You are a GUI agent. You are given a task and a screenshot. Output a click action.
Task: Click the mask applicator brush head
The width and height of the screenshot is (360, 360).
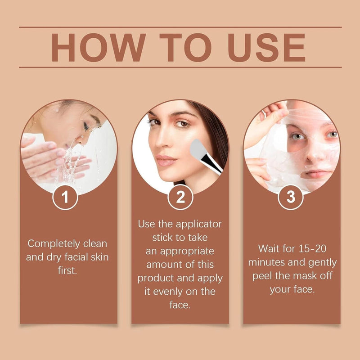tap(198, 149)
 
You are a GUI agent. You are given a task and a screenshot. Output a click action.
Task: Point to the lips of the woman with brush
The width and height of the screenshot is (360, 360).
tap(167, 160)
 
